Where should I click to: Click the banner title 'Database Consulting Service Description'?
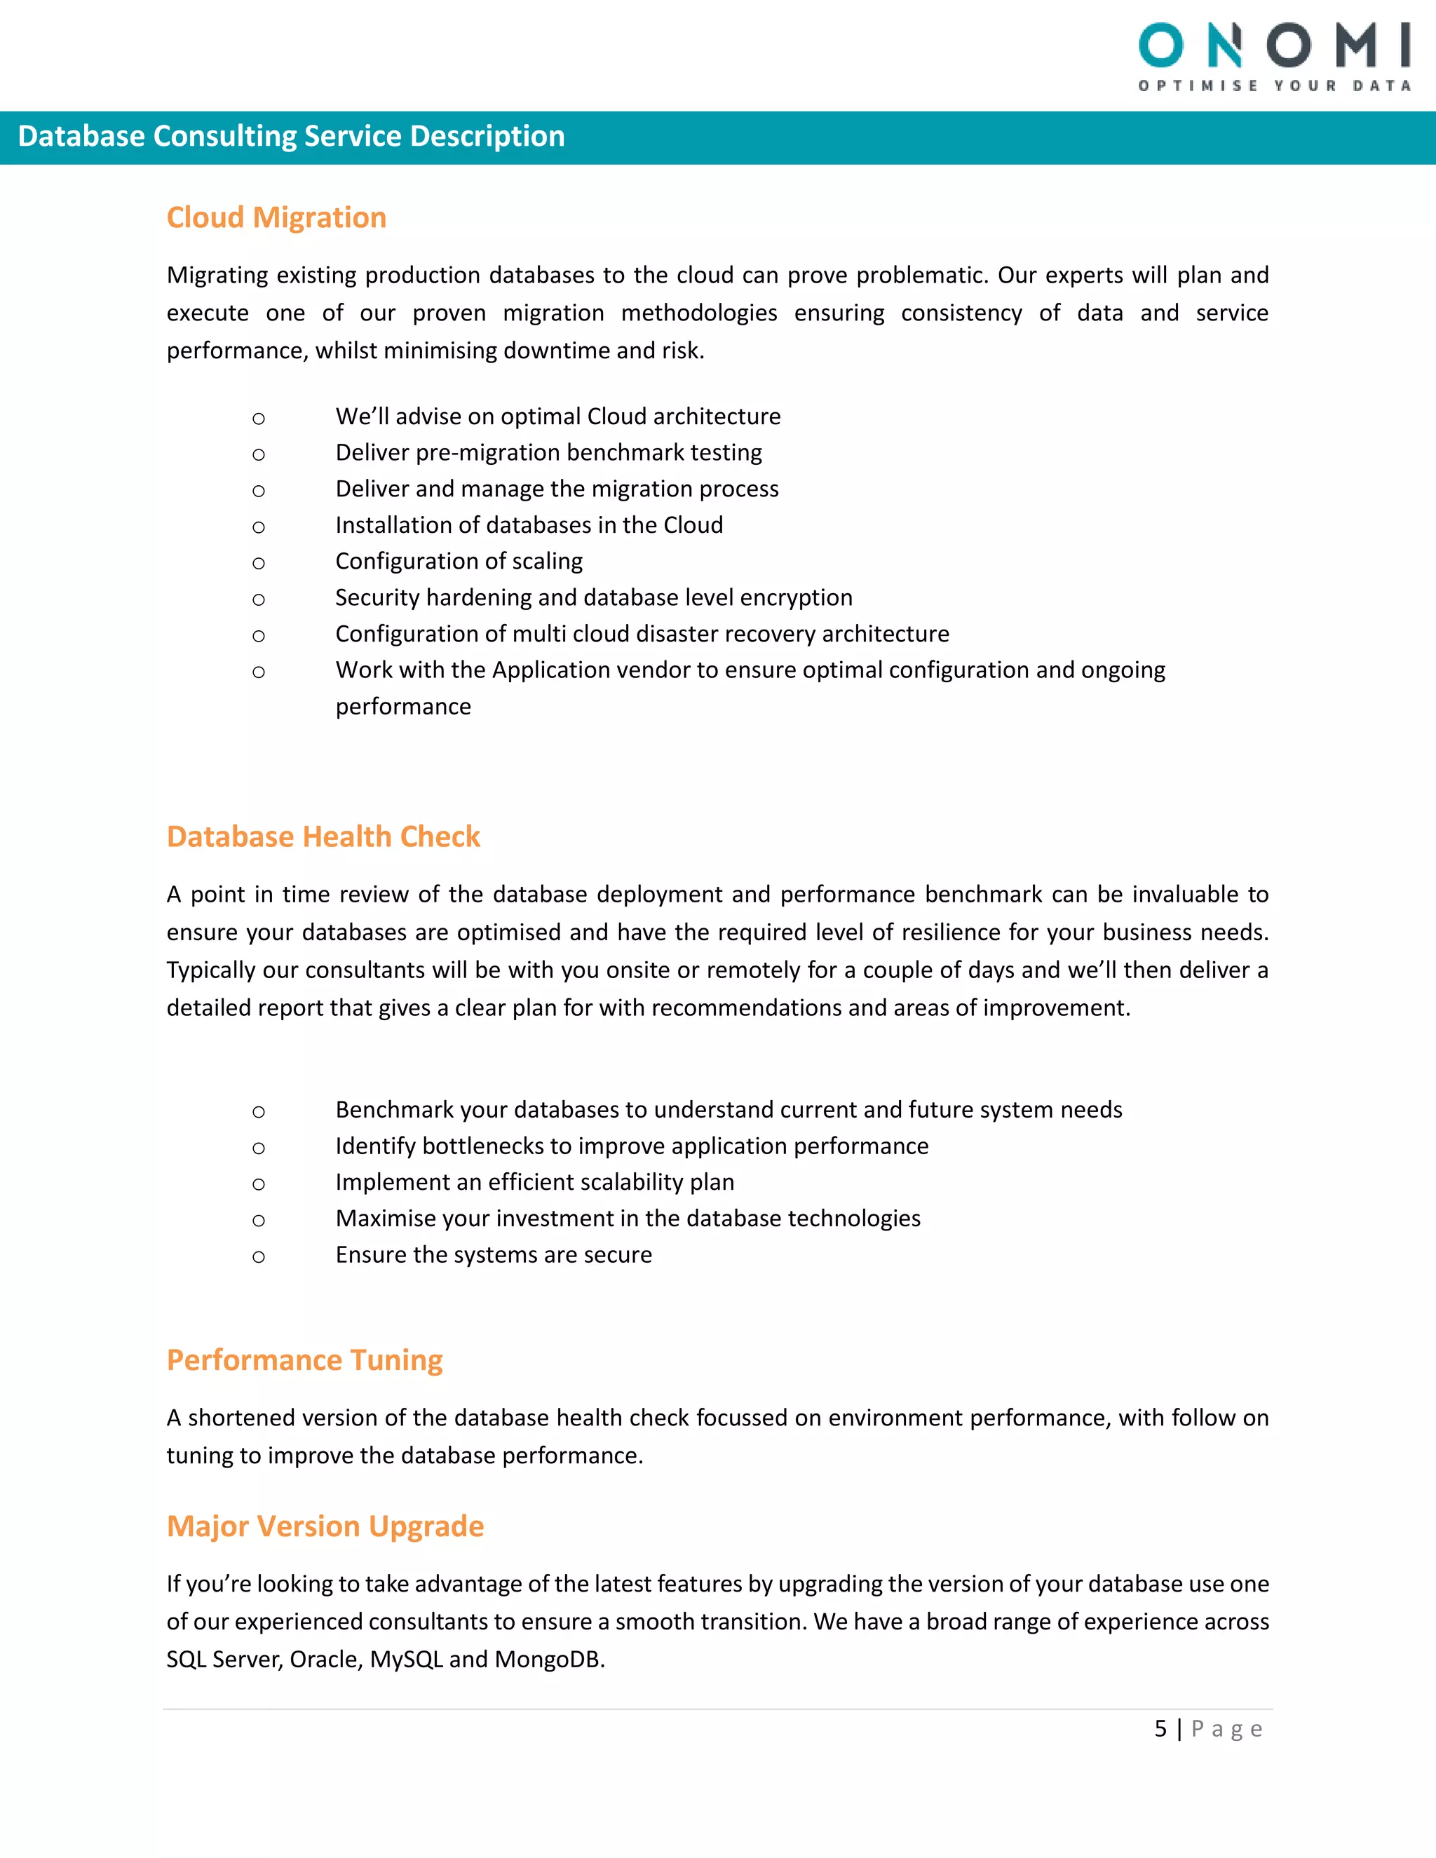[x=291, y=136]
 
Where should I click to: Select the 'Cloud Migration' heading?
[x=276, y=218]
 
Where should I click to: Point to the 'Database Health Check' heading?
[x=323, y=836]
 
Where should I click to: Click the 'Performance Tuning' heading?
[x=304, y=1359]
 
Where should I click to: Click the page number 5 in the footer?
[x=1160, y=1729]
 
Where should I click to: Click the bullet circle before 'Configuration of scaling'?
[x=259, y=563]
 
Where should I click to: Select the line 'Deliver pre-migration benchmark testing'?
[x=549, y=453]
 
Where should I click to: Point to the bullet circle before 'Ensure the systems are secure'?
[x=259, y=1256]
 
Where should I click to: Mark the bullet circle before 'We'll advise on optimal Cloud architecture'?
[x=259, y=419]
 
